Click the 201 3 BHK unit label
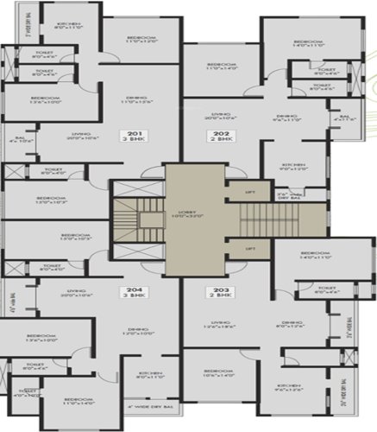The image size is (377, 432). point(158,133)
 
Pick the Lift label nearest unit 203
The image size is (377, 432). point(251,249)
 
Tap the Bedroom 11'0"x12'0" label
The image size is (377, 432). point(141,40)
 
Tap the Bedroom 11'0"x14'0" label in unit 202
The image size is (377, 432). point(222,67)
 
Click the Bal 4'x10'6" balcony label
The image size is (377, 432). point(22,138)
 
